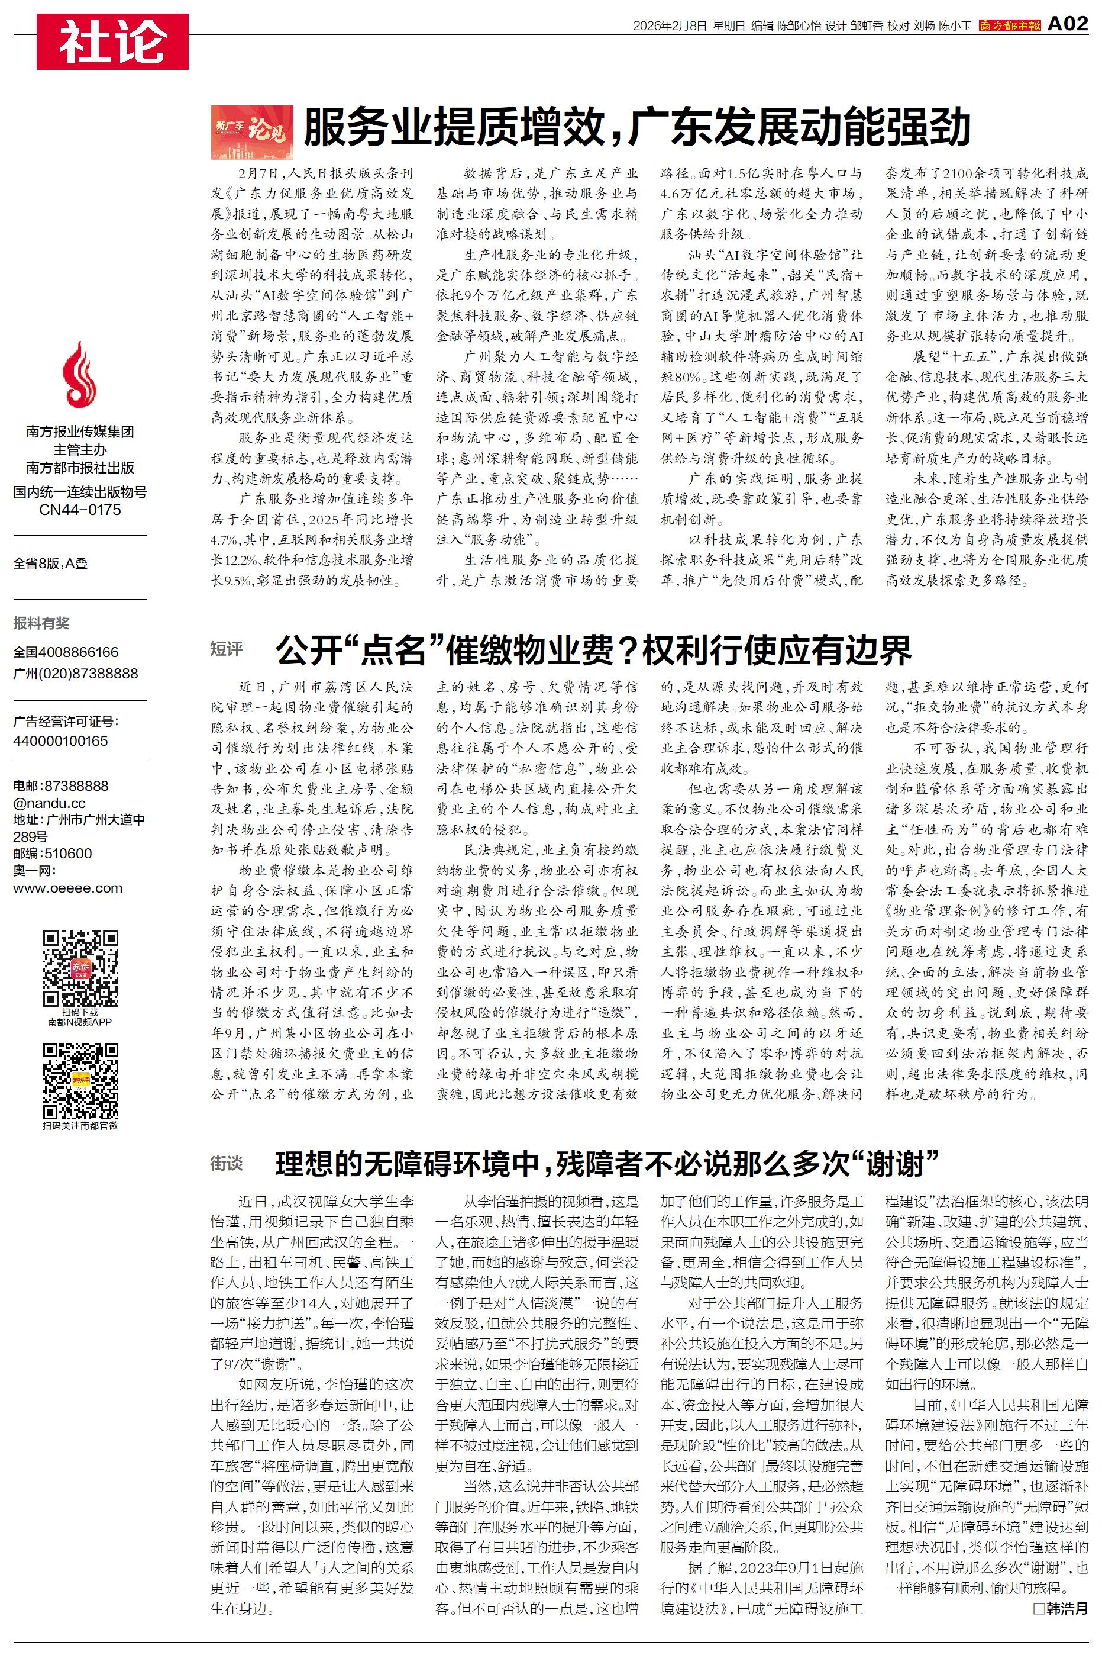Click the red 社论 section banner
tap(112, 41)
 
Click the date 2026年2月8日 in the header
tap(669, 26)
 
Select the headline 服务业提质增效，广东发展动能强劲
tap(636, 128)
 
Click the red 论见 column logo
tap(251, 131)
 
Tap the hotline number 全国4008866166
tap(66, 652)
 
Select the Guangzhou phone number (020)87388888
tap(76, 673)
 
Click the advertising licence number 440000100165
tap(60, 740)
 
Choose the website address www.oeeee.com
tap(67, 887)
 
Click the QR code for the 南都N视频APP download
tap(79, 968)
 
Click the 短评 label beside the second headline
tap(227, 649)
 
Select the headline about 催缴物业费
tap(593, 649)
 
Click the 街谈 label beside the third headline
tap(227, 1164)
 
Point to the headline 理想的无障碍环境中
tap(607, 1164)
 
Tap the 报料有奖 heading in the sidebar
tap(41, 623)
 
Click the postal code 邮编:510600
tap(53, 854)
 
